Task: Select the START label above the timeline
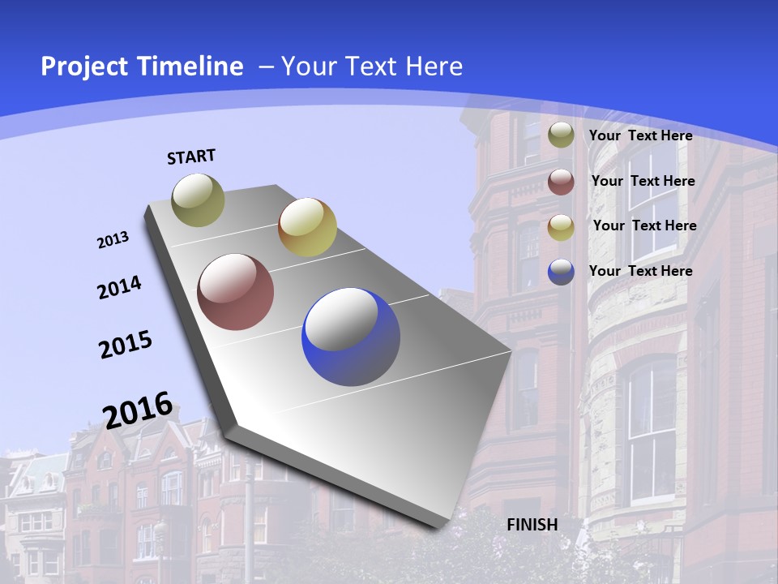click(x=191, y=157)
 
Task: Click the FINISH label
click(x=532, y=525)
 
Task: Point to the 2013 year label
click(x=113, y=240)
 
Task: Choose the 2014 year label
click(x=119, y=288)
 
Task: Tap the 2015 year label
click(x=126, y=345)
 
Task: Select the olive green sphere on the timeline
click(x=199, y=200)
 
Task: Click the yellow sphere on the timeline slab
click(x=307, y=227)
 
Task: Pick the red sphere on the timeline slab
click(x=236, y=292)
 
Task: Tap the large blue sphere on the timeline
click(x=351, y=337)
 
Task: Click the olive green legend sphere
click(x=561, y=135)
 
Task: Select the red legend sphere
click(x=561, y=182)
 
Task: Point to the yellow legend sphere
click(x=561, y=227)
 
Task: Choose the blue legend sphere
click(x=561, y=272)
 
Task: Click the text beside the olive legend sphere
click(x=641, y=135)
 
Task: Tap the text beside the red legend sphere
click(x=643, y=181)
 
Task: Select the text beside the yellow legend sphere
click(x=645, y=225)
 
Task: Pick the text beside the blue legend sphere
click(x=641, y=271)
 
